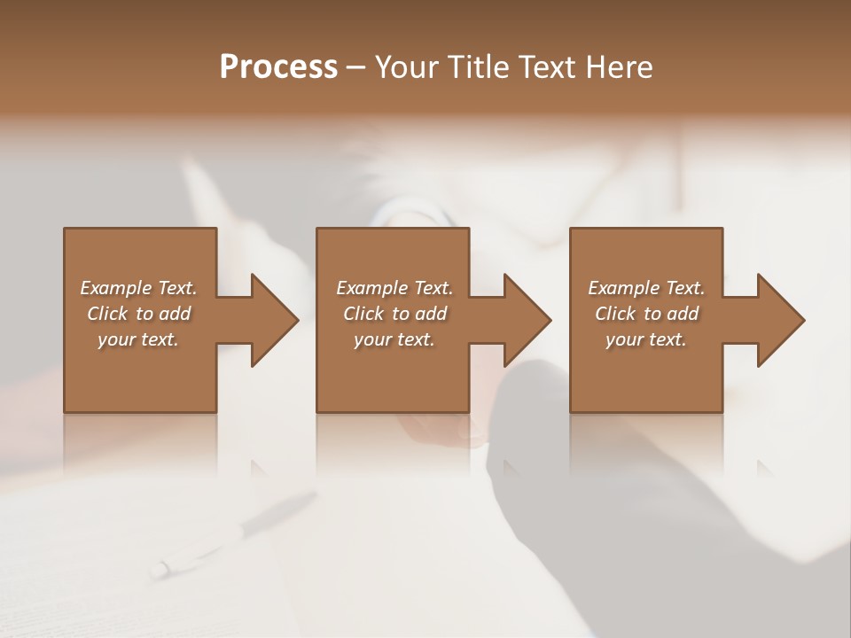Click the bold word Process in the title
[278, 66]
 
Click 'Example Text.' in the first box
[138, 288]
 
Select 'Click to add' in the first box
[138, 314]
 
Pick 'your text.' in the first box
[138, 339]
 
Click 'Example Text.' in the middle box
[394, 288]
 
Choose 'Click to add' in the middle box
[394, 314]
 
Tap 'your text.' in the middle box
[394, 339]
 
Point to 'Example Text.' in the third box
[646, 288]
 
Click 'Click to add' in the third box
[646, 314]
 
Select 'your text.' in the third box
[646, 339]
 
